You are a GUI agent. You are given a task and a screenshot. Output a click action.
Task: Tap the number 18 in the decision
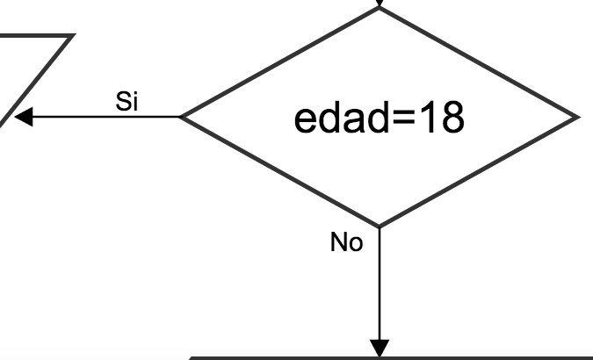[441, 119]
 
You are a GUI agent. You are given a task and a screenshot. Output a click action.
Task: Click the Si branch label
[128, 101]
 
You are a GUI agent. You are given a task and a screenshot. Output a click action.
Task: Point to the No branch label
[346, 242]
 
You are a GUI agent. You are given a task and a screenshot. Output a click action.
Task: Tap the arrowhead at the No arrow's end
[380, 348]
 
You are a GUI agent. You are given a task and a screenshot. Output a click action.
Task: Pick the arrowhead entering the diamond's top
[380, 4]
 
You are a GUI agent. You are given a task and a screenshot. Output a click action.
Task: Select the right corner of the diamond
[577, 117]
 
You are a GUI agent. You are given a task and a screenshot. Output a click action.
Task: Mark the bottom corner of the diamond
[380, 226]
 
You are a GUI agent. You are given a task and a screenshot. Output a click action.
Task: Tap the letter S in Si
[123, 101]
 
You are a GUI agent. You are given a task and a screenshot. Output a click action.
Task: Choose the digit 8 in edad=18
[451, 119]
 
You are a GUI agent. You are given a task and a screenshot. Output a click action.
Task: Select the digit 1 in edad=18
[429, 119]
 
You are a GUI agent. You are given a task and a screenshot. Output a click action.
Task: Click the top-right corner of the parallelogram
[70, 37]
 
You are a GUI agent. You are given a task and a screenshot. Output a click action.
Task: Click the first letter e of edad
[304, 120]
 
